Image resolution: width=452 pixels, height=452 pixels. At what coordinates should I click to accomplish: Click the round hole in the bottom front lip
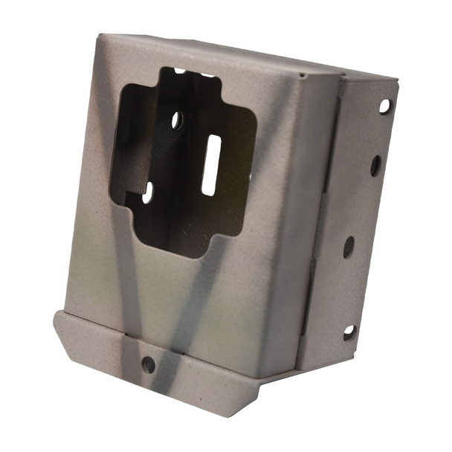(x=148, y=364)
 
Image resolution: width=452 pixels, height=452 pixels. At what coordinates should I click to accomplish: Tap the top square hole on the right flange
(x=384, y=106)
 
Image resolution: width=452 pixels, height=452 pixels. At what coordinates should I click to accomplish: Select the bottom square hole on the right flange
(x=349, y=332)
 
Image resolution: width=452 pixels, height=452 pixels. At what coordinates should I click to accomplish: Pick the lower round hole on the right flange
(x=348, y=247)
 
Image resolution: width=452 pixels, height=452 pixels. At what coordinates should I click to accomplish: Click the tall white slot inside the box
(x=210, y=165)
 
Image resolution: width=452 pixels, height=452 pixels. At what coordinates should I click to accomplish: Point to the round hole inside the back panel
(x=177, y=120)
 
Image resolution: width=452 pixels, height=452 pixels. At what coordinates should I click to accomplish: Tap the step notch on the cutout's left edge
(x=130, y=195)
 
